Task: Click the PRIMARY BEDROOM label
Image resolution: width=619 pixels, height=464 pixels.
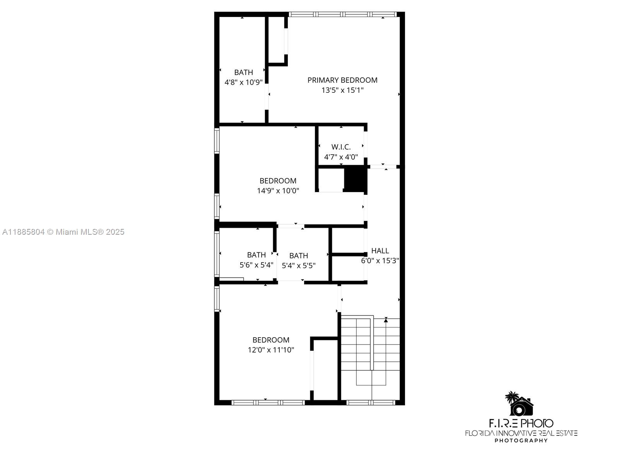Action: (342, 80)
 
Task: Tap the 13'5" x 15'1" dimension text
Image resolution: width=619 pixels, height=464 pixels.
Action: (342, 90)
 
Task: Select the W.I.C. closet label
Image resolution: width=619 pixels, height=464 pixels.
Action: (341, 147)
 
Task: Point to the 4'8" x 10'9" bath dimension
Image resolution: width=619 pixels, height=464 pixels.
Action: (243, 82)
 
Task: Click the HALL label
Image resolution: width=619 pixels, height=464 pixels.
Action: (380, 251)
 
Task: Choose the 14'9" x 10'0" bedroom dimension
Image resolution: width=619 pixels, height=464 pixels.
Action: (278, 191)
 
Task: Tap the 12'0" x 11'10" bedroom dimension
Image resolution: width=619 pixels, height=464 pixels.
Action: (271, 350)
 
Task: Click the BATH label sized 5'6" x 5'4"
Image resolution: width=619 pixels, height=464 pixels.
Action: (256, 255)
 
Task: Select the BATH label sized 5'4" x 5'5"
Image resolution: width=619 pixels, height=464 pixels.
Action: (298, 256)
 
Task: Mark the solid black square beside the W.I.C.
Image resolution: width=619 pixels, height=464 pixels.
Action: (355, 179)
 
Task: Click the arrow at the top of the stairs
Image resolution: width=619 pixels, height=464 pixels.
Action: (386, 319)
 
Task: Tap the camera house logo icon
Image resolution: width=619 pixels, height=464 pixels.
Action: (522, 406)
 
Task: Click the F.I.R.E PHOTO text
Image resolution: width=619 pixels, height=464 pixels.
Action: (521, 423)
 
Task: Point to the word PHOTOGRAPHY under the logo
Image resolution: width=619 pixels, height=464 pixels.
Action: (521, 440)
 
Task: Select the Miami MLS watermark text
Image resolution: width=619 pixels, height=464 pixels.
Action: (63, 232)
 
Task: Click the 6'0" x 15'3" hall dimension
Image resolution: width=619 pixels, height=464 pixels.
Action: (380, 261)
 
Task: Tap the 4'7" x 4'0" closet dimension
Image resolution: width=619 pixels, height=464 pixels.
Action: (341, 157)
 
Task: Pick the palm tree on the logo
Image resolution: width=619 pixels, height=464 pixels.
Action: (512, 397)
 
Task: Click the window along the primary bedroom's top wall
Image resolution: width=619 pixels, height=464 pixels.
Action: (343, 15)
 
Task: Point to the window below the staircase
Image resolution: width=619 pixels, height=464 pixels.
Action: (371, 403)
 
